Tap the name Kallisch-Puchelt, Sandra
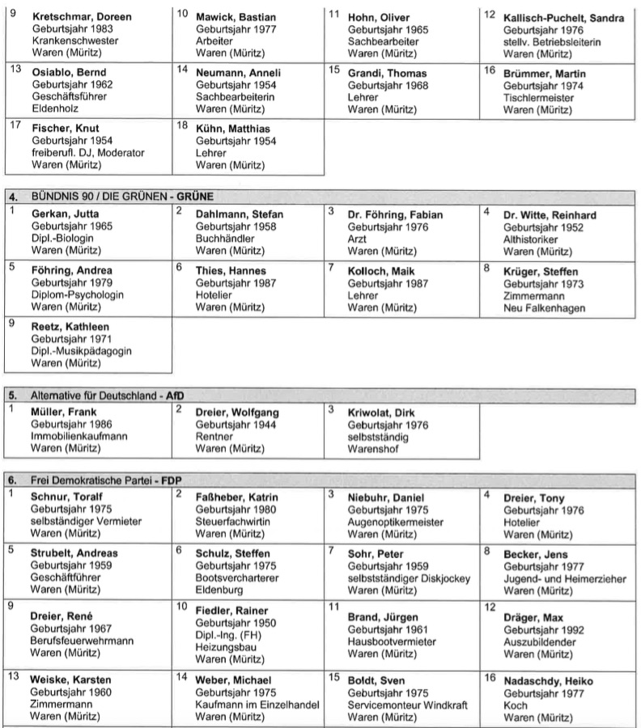[563, 18]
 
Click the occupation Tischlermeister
[538, 97]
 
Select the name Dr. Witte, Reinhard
[550, 214]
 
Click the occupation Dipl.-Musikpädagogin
[81, 351]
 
